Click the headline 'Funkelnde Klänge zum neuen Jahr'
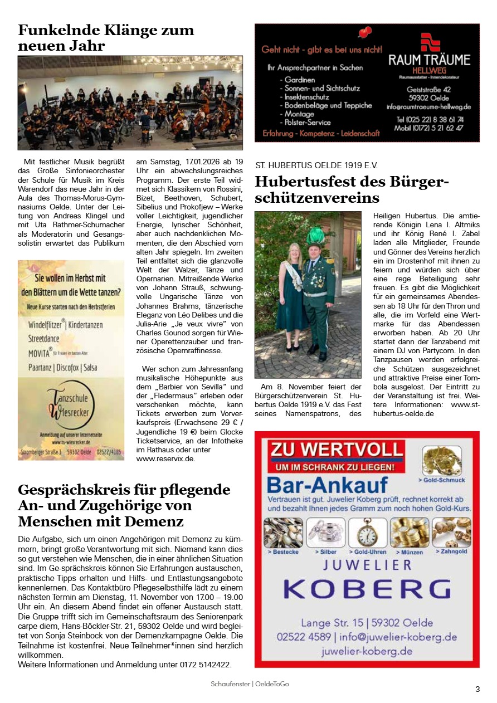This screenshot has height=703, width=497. [x=106, y=38]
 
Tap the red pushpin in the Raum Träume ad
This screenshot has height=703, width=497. [x=365, y=32]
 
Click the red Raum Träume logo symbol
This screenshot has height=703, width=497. [x=430, y=42]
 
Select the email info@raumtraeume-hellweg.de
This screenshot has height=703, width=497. [x=429, y=106]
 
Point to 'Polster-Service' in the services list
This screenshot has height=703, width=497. [x=307, y=122]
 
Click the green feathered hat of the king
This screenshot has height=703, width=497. [x=315, y=236]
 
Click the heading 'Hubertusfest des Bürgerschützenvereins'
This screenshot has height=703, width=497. [x=352, y=189]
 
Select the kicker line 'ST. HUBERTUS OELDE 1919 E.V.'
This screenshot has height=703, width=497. [x=316, y=165]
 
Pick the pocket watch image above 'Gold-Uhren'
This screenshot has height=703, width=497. [x=367, y=533]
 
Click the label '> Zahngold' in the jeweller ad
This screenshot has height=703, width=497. [x=451, y=551]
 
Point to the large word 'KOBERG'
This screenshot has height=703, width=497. [x=367, y=589]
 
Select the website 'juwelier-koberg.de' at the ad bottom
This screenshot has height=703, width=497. [x=367, y=651]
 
